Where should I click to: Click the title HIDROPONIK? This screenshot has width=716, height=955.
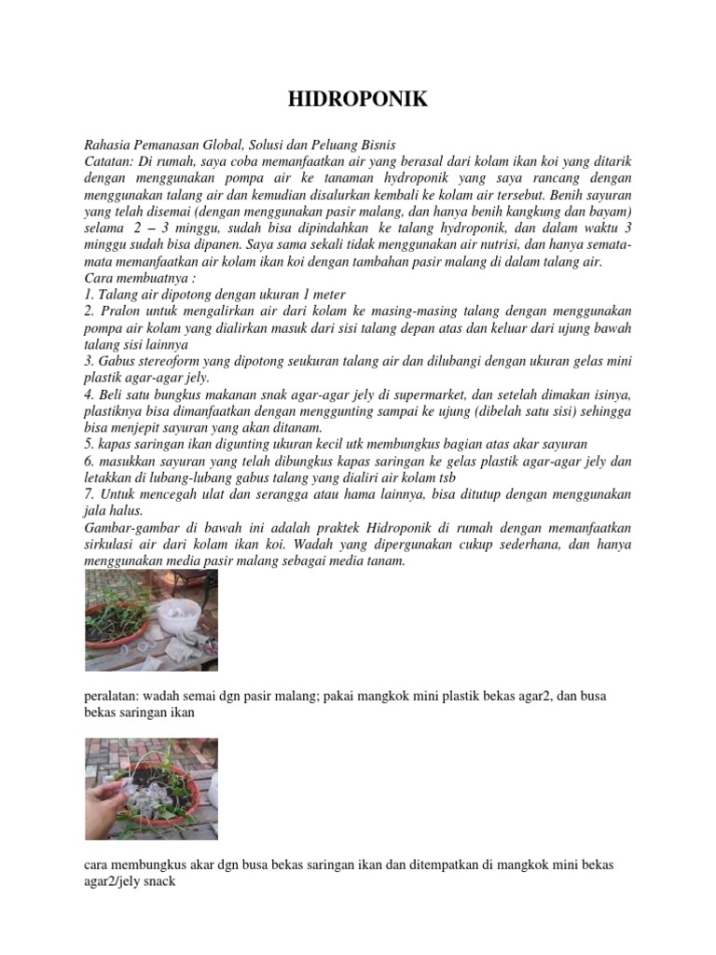click(x=357, y=100)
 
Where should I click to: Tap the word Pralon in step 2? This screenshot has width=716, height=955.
click(x=118, y=311)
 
